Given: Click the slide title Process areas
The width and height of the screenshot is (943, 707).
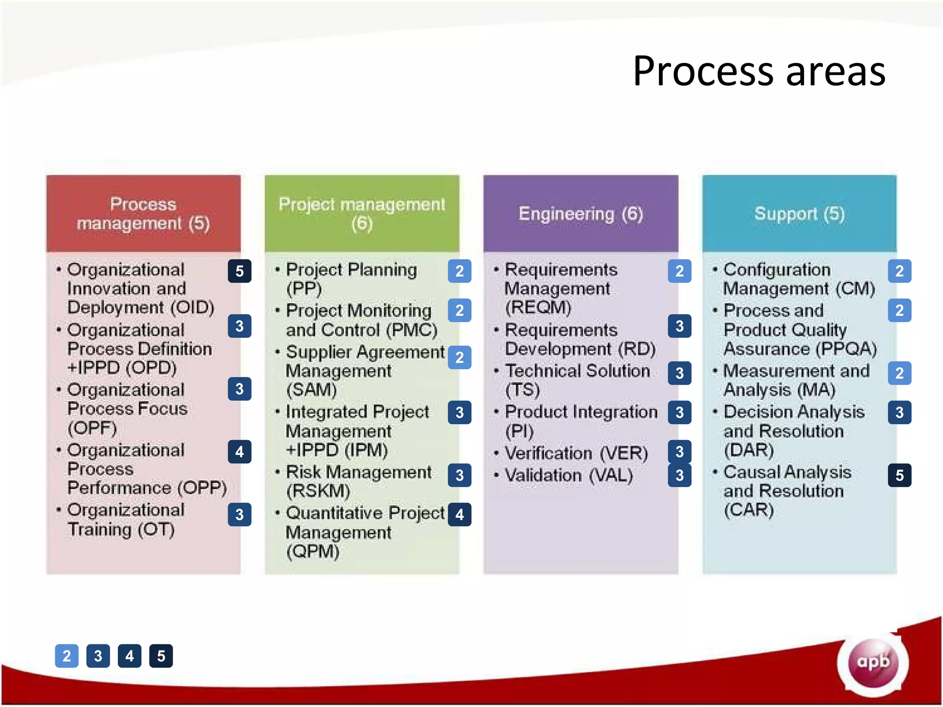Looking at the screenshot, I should tap(759, 71).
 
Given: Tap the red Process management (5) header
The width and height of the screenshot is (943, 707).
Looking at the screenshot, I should tap(143, 214).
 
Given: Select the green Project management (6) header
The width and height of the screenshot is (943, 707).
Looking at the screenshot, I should tap(362, 214).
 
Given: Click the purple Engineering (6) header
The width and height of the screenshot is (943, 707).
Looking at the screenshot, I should tap(581, 214).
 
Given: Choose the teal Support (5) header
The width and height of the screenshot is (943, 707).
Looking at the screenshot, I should tap(799, 214).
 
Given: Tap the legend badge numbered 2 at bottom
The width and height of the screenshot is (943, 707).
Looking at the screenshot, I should tap(67, 656).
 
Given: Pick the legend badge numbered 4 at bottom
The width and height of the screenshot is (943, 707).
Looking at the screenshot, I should tap(129, 656).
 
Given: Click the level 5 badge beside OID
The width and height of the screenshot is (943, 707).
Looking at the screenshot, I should tap(239, 271).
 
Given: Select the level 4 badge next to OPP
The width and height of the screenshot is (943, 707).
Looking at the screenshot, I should tap(239, 452).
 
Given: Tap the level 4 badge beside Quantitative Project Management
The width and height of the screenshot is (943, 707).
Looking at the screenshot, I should tap(460, 515).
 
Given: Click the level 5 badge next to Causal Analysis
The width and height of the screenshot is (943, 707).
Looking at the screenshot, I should tap(899, 475).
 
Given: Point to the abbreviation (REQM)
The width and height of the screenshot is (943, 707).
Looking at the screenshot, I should tap(538, 307).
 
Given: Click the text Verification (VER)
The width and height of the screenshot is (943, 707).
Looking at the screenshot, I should tap(576, 453).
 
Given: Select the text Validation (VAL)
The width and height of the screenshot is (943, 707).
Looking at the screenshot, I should tap(569, 475).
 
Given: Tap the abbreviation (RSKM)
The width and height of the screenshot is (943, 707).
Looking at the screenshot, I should tap(318, 491).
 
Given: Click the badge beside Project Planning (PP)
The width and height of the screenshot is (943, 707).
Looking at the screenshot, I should tap(460, 271).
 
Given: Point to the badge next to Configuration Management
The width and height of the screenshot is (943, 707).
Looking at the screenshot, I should tap(899, 271).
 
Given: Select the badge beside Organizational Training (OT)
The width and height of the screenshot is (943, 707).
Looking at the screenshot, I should tap(239, 515).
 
